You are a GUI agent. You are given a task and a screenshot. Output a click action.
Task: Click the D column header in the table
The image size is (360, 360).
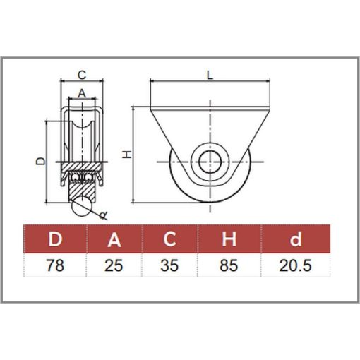[x=55, y=239]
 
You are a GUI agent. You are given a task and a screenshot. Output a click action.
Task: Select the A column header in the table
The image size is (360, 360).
[x=114, y=239]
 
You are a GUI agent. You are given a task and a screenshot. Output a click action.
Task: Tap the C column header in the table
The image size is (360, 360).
[x=169, y=239]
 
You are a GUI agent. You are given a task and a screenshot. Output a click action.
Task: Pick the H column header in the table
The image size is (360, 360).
[x=229, y=239]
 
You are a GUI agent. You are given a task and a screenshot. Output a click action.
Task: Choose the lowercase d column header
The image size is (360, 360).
[x=296, y=239]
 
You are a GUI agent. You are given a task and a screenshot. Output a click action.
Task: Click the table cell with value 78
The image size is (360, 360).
[x=55, y=265]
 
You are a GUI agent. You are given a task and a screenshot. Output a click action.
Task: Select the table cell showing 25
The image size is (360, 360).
[x=114, y=265]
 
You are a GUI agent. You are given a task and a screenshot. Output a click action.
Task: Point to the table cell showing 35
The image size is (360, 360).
[x=169, y=265]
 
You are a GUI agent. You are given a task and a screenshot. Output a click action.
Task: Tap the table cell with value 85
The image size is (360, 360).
[x=229, y=265]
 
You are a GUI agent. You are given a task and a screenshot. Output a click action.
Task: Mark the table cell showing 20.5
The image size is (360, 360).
[x=296, y=265]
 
